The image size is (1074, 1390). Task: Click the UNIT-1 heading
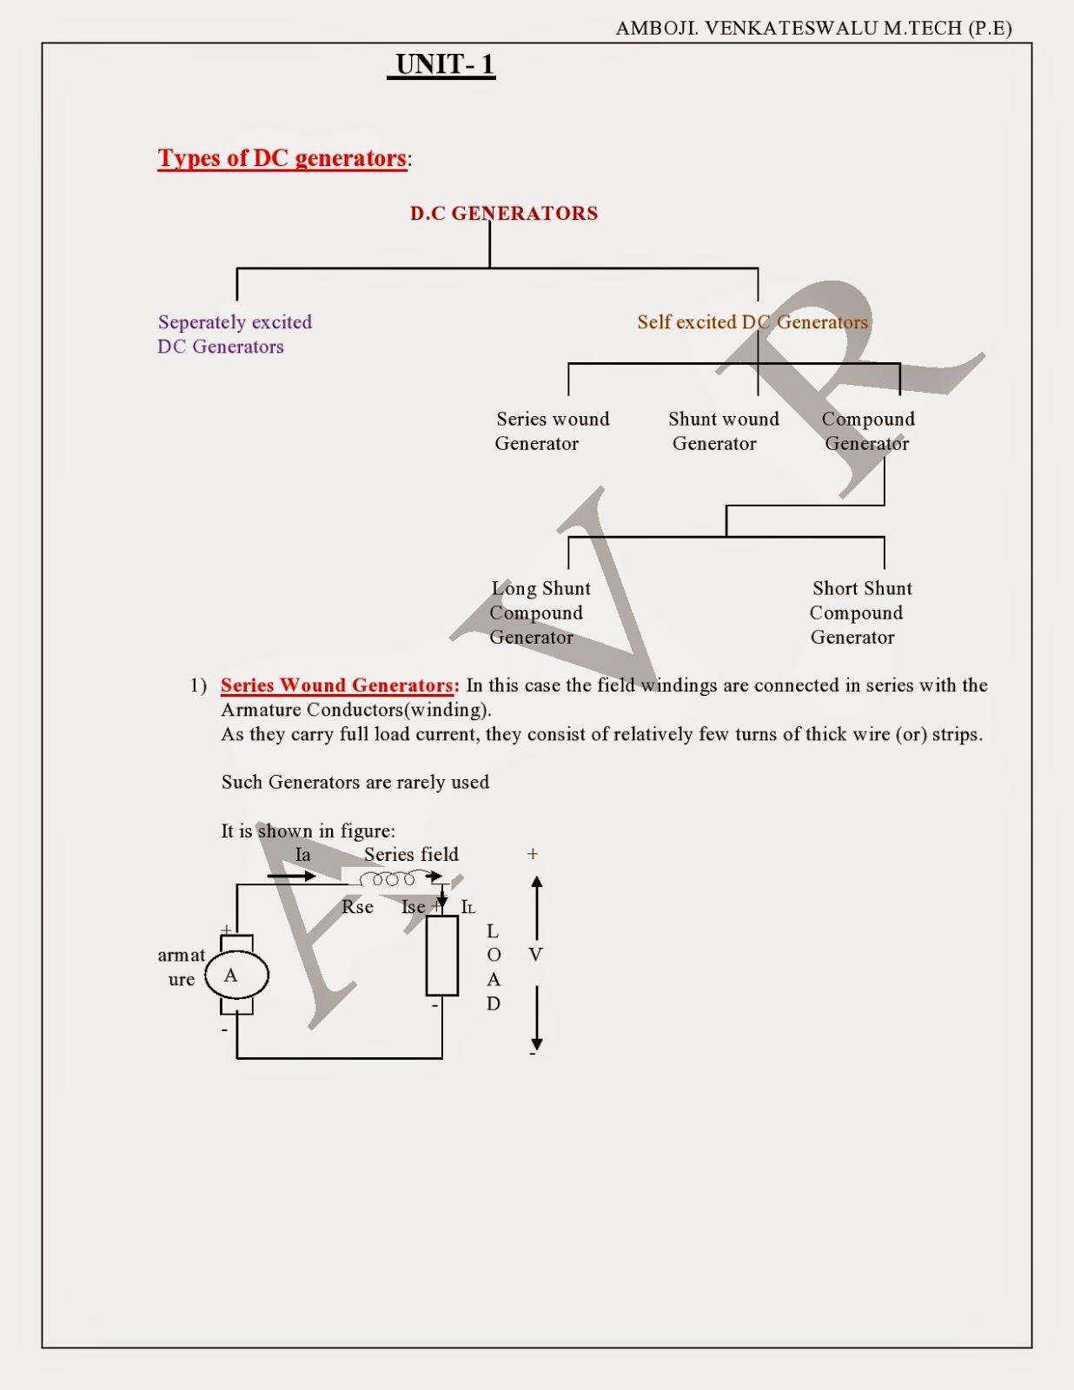(444, 64)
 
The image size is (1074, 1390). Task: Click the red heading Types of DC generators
(282, 158)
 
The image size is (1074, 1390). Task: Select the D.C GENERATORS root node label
(504, 214)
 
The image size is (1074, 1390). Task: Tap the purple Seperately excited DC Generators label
(234, 334)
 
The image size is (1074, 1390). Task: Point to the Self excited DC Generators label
(752, 322)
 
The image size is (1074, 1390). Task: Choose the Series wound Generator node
(552, 431)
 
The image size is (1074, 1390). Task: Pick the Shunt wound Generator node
(723, 431)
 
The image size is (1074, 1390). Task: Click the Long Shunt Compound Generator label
(539, 612)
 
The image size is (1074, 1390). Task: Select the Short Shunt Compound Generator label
(859, 612)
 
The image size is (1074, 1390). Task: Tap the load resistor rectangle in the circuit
(441, 956)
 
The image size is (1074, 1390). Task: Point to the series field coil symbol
(388, 880)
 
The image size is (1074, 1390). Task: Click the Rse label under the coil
(357, 907)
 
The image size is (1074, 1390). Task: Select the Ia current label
(302, 855)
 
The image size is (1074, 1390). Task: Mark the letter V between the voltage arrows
(535, 955)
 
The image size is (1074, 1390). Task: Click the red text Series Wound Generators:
(339, 685)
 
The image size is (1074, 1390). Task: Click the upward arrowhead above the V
(537, 883)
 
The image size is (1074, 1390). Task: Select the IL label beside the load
(467, 907)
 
